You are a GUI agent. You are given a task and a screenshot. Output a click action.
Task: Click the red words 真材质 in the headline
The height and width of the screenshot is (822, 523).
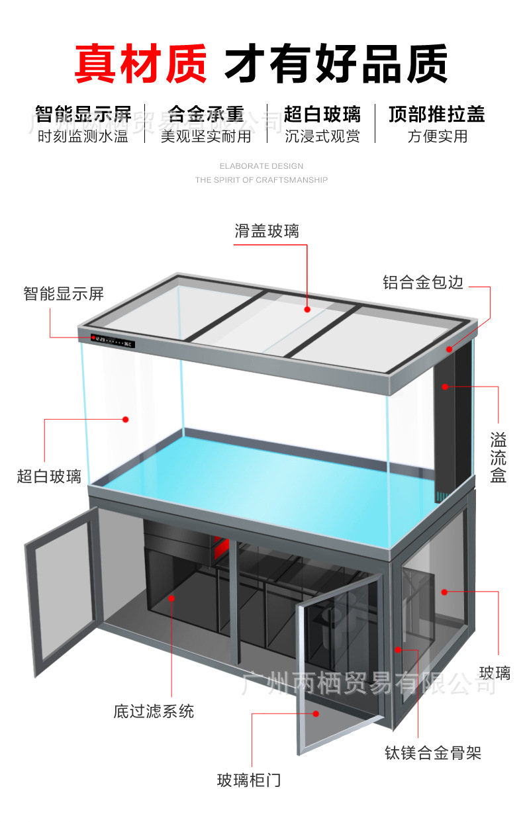pos(140,64)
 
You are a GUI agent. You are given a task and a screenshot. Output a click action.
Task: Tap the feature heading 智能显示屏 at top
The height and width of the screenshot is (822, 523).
pos(83,114)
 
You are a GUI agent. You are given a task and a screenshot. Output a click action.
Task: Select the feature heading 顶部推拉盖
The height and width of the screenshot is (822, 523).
pos(437,114)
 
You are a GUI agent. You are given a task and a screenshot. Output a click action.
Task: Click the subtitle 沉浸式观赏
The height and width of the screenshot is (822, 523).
pos(322,137)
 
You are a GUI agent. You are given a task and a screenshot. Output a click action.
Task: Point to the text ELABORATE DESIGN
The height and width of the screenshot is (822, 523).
pos(261,166)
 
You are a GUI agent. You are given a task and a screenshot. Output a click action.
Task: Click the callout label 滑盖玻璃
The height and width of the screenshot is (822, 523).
pos(267,231)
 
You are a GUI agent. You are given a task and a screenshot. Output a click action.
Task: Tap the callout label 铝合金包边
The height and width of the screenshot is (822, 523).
pos(424,283)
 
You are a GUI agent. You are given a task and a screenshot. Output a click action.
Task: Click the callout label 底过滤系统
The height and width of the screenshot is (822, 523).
pos(154,711)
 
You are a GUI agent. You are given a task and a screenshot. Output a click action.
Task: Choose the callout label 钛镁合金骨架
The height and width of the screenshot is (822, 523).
pos(433,753)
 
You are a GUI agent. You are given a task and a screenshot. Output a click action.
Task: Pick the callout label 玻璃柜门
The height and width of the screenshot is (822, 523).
pos(249,780)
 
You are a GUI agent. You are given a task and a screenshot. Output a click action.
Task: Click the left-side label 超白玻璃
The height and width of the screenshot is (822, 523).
pos(49,476)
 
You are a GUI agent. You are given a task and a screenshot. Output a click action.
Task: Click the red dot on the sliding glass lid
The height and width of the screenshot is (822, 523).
pos(308,308)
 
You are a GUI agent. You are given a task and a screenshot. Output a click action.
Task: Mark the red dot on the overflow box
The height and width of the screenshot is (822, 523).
pos(446,386)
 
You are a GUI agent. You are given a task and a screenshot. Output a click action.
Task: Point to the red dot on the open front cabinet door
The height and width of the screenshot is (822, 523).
pos(316,713)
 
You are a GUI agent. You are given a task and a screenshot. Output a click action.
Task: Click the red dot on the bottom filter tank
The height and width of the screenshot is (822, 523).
pos(171,598)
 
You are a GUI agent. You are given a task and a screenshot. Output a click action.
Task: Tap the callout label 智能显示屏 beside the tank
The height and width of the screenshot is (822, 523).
pos(64,293)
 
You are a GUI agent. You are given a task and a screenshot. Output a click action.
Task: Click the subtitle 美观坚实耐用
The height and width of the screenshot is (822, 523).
pos(206,137)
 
